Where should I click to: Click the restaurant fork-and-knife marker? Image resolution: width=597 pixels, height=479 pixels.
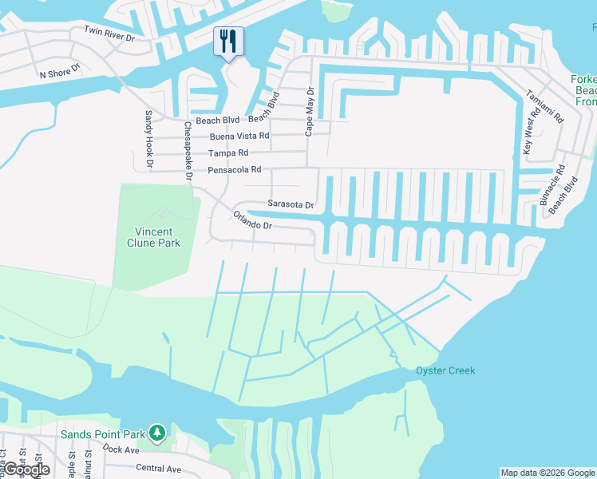[228, 42]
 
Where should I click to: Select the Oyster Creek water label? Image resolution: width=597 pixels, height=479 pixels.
[445, 370]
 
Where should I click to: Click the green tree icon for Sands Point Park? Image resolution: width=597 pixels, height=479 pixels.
[158, 433]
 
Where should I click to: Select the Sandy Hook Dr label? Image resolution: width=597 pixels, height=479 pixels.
[148, 140]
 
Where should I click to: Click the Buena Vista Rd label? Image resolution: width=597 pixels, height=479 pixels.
[239, 136]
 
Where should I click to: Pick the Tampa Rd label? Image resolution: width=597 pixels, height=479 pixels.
[228, 152]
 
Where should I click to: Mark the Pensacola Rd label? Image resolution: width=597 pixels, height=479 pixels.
[235, 170]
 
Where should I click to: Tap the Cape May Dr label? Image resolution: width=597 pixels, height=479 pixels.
[309, 111]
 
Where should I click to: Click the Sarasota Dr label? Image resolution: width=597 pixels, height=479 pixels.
[291, 204]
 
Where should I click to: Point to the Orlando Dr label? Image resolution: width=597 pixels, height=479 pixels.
[253, 220]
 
